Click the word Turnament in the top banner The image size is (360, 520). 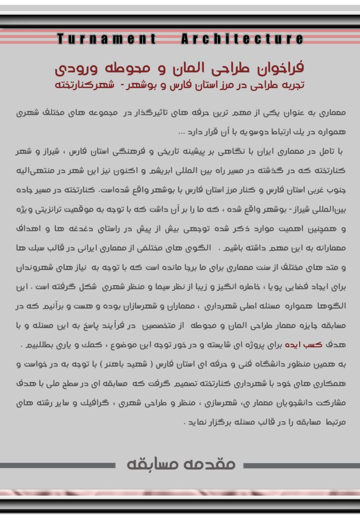pyautogui.click(x=106, y=39)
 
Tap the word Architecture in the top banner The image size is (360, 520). pyautogui.click(x=242, y=39)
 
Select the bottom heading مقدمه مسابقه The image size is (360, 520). pyautogui.click(x=181, y=464)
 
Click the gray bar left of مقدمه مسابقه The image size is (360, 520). pyautogui.click(x=57, y=465)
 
